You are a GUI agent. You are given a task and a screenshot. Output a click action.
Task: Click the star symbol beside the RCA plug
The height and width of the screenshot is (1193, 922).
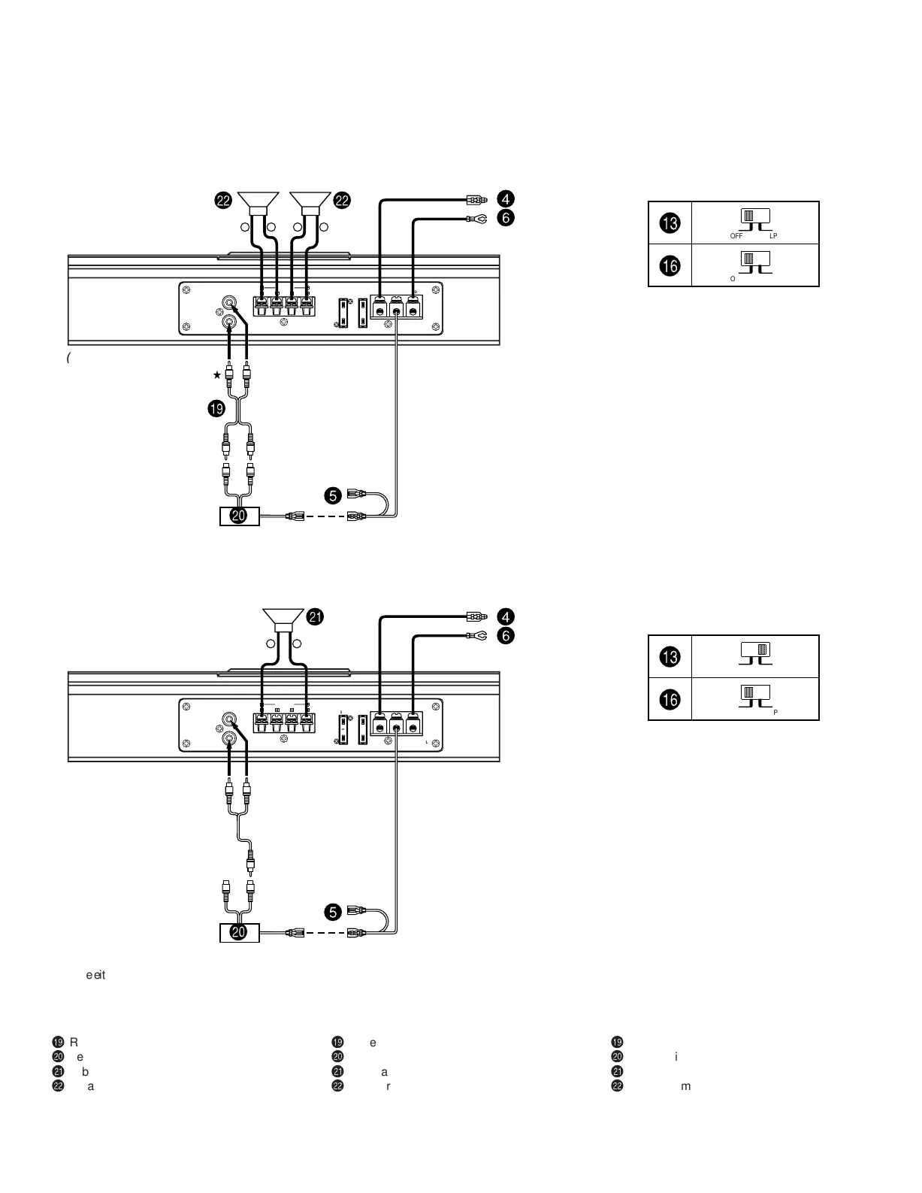click(x=217, y=374)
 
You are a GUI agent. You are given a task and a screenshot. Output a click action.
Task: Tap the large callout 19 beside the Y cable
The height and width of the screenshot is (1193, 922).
click(x=216, y=409)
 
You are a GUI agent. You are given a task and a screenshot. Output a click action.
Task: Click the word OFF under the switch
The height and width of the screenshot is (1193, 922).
click(x=736, y=236)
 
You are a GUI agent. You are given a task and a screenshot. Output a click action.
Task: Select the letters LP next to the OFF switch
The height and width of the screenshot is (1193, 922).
click(x=773, y=236)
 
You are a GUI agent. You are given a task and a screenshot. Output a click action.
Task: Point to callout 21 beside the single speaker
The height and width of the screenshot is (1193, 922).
click(x=316, y=617)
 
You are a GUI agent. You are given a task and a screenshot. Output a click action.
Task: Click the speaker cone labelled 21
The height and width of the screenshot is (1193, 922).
click(x=283, y=618)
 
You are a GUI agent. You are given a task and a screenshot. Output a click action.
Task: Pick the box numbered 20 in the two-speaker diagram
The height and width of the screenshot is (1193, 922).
click(x=239, y=516)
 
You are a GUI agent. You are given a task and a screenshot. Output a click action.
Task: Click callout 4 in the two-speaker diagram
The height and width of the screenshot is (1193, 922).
click(x=506, y=199)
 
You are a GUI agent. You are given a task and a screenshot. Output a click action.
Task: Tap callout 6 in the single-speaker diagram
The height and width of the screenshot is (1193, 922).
click(x=506, y=636)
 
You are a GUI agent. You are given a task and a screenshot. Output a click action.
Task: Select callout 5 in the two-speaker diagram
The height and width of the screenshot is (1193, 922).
click(x=332, y=495)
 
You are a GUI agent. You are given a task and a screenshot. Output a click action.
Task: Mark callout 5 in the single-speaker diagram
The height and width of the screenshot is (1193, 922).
click(x=332, y=912)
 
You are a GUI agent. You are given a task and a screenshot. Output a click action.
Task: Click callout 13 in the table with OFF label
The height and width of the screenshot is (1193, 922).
click(x=670, y=223)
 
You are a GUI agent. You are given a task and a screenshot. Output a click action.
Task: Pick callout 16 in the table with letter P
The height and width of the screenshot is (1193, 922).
click(x=670, y=700)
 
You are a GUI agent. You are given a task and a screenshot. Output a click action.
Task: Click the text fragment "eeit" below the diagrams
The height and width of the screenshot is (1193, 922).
click(x=95, y=975)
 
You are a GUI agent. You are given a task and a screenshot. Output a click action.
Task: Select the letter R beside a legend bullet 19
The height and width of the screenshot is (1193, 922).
click(x=74, y=1042)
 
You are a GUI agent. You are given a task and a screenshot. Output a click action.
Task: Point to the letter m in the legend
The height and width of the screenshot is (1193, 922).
click(x=685, y=1086)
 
